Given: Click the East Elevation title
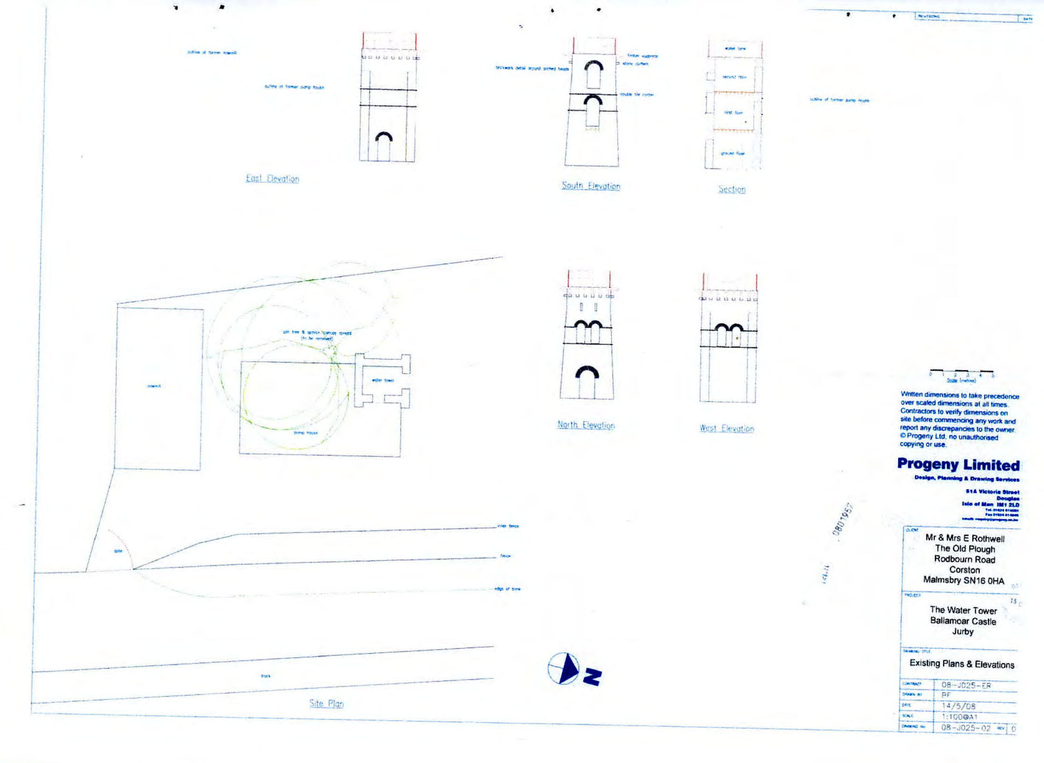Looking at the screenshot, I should (272, 179).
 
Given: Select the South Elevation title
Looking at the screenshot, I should (591, 186).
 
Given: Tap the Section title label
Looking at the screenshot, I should (732, 189).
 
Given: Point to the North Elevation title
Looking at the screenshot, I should (586, 425).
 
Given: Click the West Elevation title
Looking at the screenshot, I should (727, 428).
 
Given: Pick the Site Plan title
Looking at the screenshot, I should (326, 704).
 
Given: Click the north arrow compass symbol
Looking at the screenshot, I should (564, 669).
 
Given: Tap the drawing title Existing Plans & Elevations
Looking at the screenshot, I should (962, 664).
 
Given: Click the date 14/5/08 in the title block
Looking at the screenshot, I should (958, 706).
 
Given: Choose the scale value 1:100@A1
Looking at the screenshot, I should (959, 717).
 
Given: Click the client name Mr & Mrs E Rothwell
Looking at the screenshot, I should (964, 538).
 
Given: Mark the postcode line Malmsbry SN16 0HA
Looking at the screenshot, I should (964, 580).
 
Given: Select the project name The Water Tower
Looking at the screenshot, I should (963, 610).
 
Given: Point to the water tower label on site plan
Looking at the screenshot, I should (383, 380).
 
